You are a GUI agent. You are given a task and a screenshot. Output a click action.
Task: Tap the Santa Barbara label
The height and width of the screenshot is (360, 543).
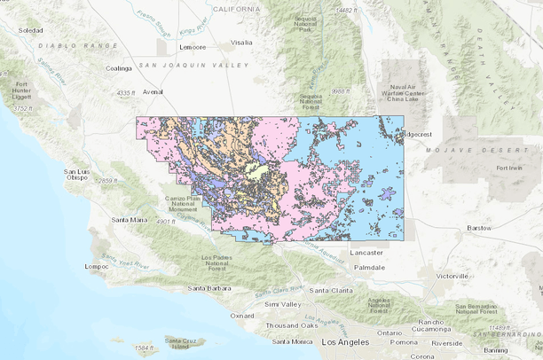[210, 288]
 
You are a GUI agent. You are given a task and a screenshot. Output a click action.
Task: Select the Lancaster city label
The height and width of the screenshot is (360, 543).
[366, 253]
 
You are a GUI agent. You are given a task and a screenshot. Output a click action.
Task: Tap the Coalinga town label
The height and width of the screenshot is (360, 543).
[118, 67]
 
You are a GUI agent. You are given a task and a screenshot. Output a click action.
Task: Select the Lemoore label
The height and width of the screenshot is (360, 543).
[193, 47]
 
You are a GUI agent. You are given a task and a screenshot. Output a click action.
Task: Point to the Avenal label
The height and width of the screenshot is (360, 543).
[153, 91]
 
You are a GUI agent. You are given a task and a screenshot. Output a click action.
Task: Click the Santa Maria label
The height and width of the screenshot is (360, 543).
[129, 219]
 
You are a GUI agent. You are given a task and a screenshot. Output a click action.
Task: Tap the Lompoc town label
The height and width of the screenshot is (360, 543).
[96, 266]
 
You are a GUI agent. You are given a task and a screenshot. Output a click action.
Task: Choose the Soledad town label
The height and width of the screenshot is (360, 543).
[30, 30]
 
